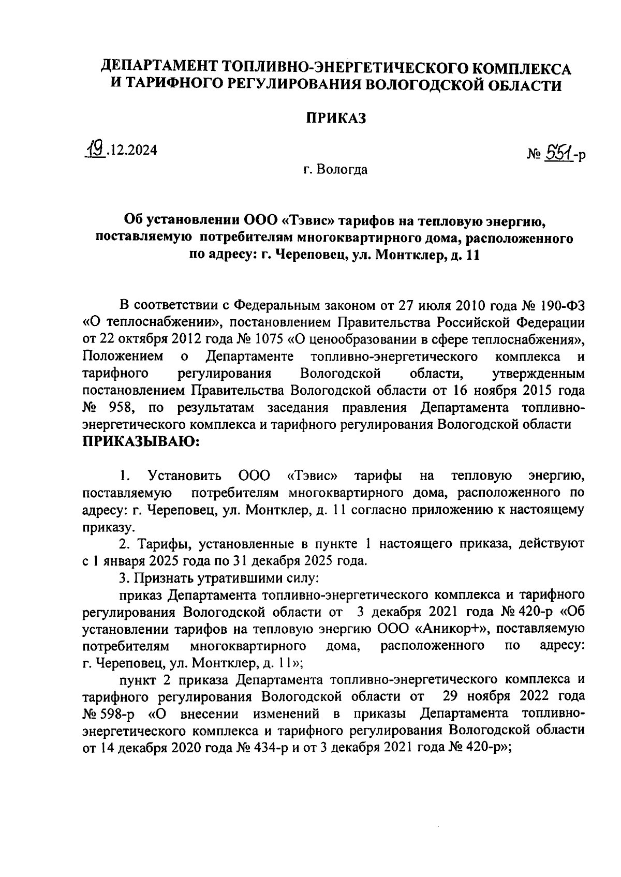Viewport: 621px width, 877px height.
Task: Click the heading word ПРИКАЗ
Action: click(335, 118)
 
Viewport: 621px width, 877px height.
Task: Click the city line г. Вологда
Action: click(335, 169)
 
